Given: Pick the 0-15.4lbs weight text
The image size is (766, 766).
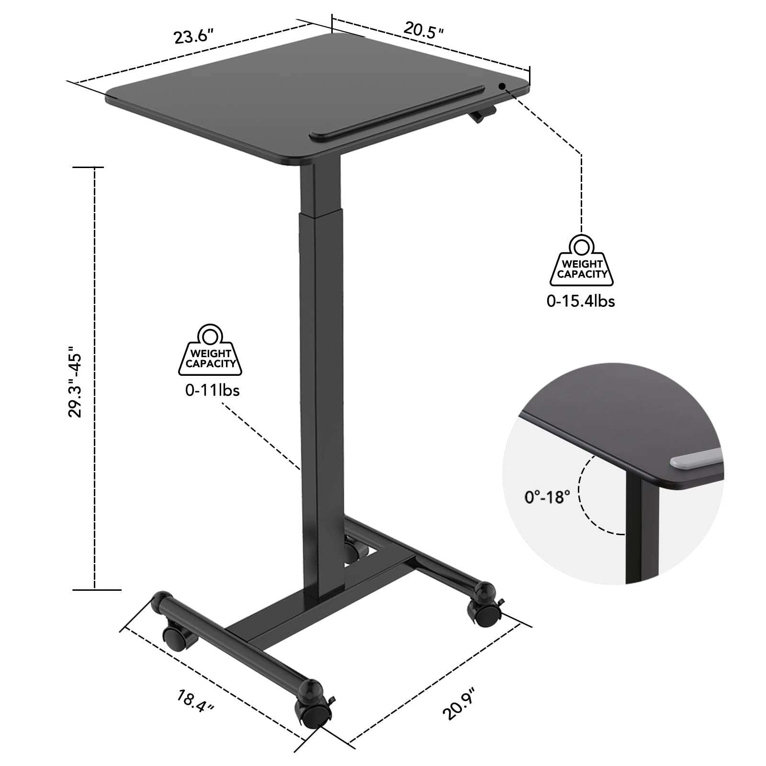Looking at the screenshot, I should click(581, 301).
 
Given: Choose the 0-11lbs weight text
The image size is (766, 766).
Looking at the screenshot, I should click(212, 390).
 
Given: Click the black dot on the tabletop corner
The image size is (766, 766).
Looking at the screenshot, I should click(502, 86).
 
